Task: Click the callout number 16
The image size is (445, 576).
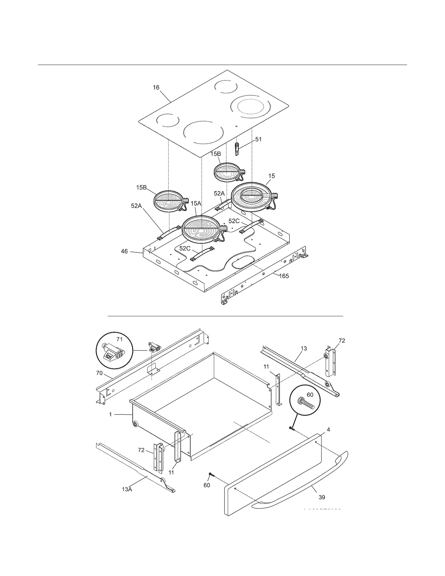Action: [x=156, y=88]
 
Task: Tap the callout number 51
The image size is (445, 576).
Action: [x=258, y=139]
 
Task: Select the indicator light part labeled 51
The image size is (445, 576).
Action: [x=237, y=149]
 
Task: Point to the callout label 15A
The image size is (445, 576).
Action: [x=196, y=204]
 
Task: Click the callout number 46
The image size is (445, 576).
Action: [x=124, y=251]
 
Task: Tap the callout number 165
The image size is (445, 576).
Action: [x=284, y=276]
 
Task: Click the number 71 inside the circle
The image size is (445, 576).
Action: [x=119, y=339]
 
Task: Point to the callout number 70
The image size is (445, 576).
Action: [x=99, y=373]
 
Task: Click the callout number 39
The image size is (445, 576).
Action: [x=322, y=497]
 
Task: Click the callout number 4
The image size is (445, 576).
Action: [x=328, y=430]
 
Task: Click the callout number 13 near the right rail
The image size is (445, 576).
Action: [x=304, y=348]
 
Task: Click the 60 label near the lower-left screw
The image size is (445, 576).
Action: [x=207, y=485]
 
